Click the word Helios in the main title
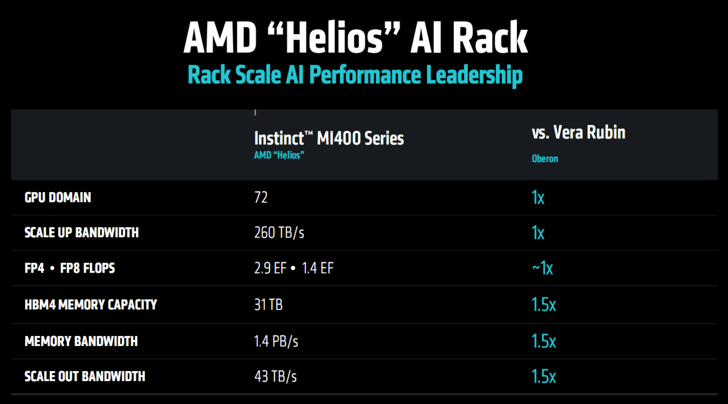pyautogui.click(x=334, y=37)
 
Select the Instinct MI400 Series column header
pyautogui.click(x=329, y=138)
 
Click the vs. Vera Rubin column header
pyautogui.click(x=578, y=132)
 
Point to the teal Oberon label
pyautogui.click(x=545, y=159)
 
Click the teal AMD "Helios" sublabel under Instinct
pyautogui.click(x=279, y=155)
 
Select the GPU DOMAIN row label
pyautogui.click(x=58, y=197)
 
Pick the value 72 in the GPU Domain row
pyautogui.click(x=261, y=197)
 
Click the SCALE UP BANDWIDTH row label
pyautogui.click(x=82, y=233)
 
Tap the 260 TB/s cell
pyautogui.click(x=279, y=233)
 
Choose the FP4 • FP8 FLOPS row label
pyautogui.click(x=70, y=268)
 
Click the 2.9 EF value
pyautogui.click(x=270, y=268)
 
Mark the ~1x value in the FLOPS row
pyautogui.click(x=542, y=268)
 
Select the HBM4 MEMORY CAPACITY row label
pyautogui.click(x=91, y=304)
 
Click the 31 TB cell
pyautogui.click(x=268, y=304)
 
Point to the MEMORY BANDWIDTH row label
pyautogui.click(x=81, y=341)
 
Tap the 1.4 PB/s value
pyautogui.click(x=276, y=341)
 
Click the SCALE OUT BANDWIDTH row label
pyautogui.click(x=85, y=376)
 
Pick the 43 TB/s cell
pyautogui.click(x=275, y=376)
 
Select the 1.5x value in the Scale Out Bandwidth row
pyautogui.click(x=544, y=376)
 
